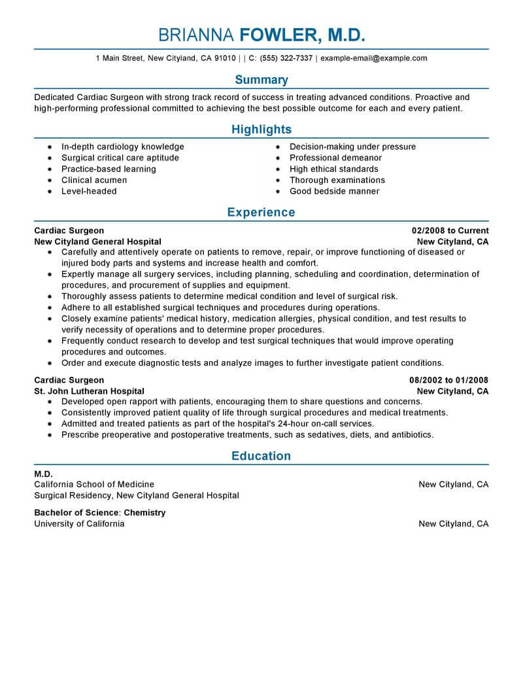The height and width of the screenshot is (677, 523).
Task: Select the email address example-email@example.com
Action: point(374,58)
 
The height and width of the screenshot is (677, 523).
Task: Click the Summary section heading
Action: point(261,80)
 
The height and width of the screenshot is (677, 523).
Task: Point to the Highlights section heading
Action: point(261,130)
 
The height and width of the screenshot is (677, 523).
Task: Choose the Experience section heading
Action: point(261,212)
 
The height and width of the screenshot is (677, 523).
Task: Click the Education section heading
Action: point(261,456)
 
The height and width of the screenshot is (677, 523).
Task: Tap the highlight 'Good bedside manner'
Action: point(334,191)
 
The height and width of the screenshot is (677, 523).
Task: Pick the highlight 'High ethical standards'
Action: point(333,169)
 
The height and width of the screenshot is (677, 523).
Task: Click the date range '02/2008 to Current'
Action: point(450,231)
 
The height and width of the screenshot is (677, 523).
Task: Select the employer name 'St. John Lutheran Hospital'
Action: point(90,391)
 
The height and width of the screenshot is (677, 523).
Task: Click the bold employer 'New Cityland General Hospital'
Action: point(97,241)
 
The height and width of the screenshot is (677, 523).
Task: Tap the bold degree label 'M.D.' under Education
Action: point(43,474)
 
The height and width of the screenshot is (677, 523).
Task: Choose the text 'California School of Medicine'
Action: point(94,485)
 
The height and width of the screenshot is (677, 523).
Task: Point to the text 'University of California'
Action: point(79,524)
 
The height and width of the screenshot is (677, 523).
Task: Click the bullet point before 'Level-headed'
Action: point(50,192)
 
